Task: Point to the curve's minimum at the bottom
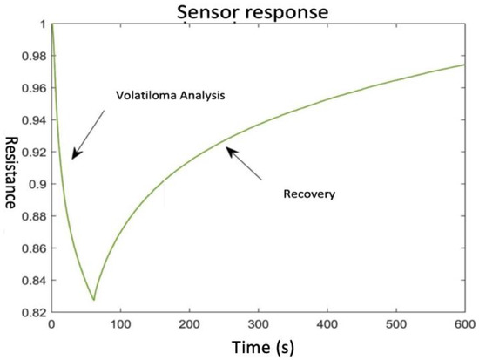coord(93,300)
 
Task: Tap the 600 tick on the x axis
coord(465,325)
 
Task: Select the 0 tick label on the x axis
coord(51,325)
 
